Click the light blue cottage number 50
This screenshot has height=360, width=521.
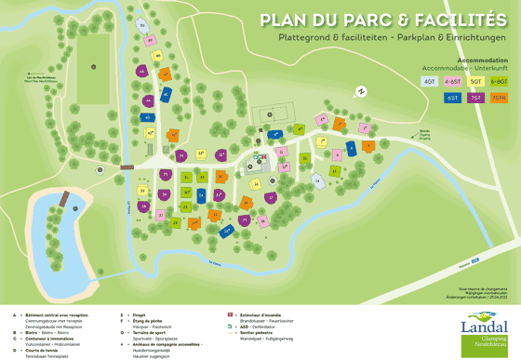pos(141,24)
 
